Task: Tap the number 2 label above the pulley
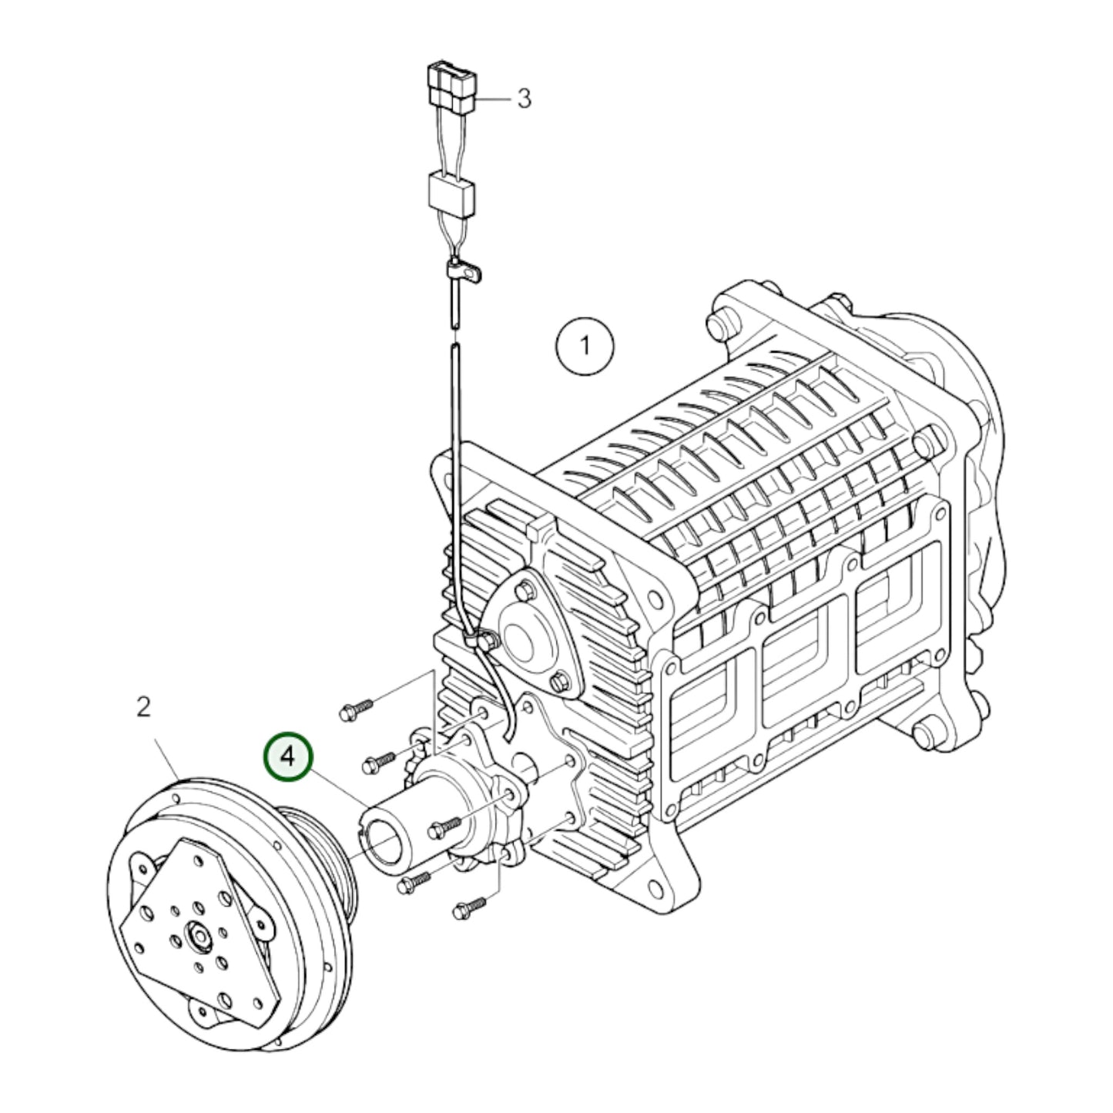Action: coord(144,707)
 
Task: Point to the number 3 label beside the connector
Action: coord(524,99)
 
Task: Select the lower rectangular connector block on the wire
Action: coord(451,196)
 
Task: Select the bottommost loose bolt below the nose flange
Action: coord(468,907)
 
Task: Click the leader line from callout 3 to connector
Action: coord(493,99)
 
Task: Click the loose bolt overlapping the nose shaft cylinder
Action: coord(443,827)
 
